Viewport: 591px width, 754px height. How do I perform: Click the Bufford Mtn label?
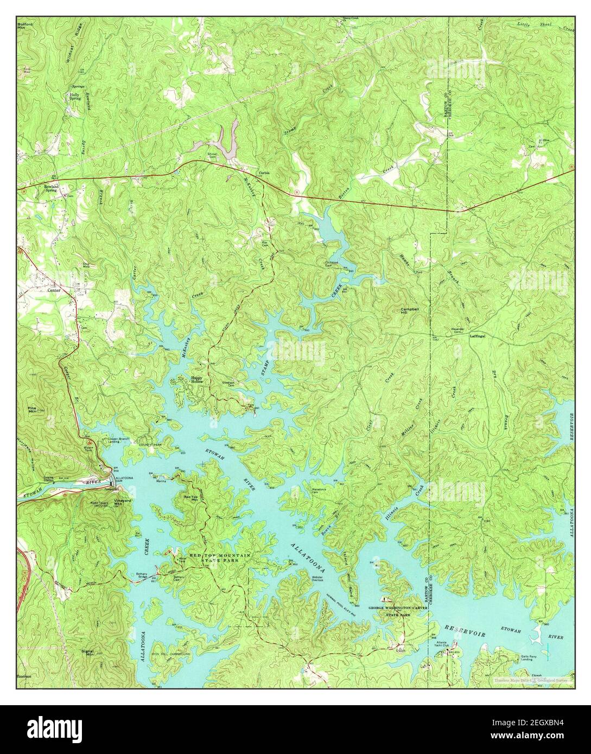point(26,27)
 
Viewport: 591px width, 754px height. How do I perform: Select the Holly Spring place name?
point(75,97)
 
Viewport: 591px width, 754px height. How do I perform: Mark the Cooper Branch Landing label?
point(120,441)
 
